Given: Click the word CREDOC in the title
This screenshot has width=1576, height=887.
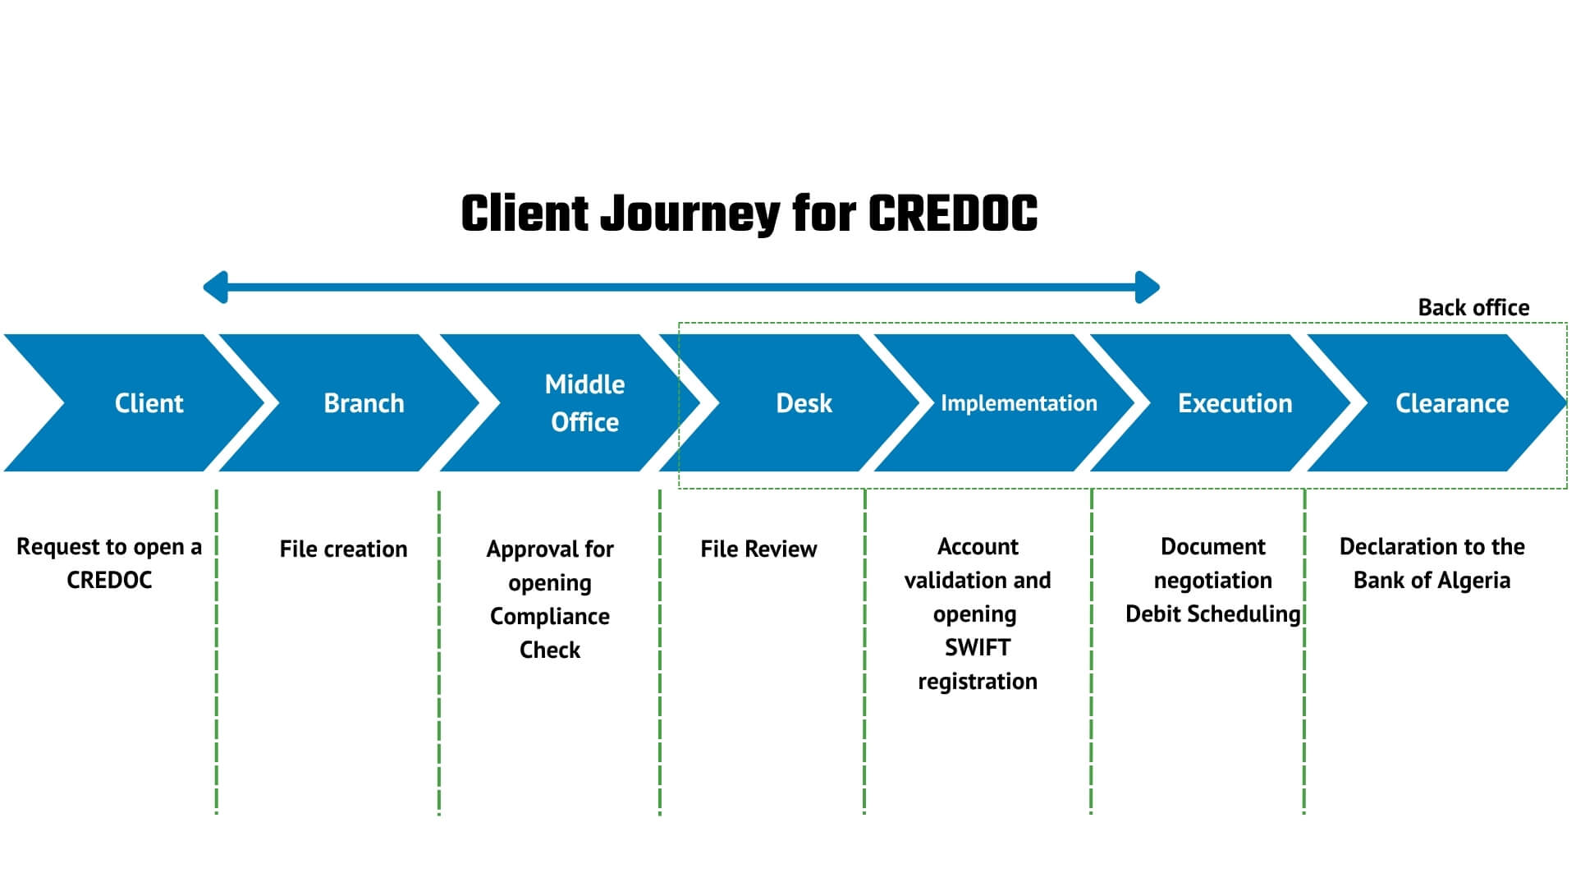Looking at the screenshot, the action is (x=952, y=214).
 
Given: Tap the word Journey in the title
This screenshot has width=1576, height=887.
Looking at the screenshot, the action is (x=690, y=215).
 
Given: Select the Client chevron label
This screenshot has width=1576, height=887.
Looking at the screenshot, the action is (x=149, y=403).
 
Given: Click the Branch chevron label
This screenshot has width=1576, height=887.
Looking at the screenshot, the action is (x=364, y=403).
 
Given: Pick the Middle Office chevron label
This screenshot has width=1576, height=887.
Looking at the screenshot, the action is (x=584, y=403).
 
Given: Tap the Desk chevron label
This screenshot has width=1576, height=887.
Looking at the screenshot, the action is (x=804, y=403).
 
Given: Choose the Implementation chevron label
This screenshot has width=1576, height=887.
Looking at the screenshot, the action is (x=1019, y=403).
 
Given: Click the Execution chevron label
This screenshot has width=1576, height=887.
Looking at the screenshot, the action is (x=1235, y=403).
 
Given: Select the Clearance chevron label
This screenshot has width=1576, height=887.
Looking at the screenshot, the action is (x=1452, y=403).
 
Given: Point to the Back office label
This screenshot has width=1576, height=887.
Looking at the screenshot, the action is (x=1473, y=307).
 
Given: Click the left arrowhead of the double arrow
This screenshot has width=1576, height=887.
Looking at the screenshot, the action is (x=215, y=287).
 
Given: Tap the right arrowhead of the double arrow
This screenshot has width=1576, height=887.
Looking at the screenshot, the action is (x=1148, y=287).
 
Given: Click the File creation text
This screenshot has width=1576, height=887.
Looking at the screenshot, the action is (x=343, y=549).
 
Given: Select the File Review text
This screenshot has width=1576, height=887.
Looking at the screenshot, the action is (x=758, y=549).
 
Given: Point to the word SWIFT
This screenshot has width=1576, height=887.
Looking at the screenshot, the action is (x=977, y=647).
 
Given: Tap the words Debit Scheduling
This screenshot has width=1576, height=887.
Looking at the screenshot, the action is (x=1213, y=614).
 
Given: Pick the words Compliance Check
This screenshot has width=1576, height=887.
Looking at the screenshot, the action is (x=550, y=633).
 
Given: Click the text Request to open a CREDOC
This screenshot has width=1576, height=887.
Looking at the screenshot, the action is (x=109, y=563).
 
